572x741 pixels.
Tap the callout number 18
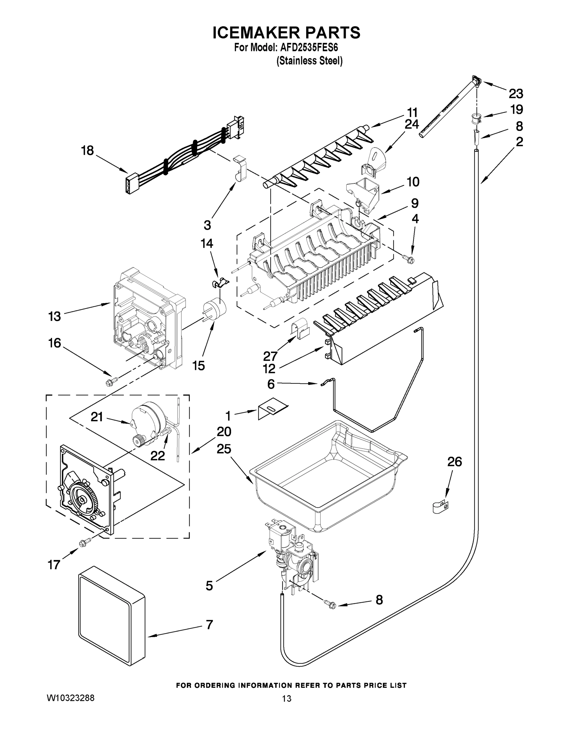point(88,150)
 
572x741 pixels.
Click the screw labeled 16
point(111,381)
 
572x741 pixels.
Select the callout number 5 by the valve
point(209,586)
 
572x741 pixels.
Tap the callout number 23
point(515,93)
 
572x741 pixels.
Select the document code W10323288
point(71,724)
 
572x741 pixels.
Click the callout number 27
point(270,356)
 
